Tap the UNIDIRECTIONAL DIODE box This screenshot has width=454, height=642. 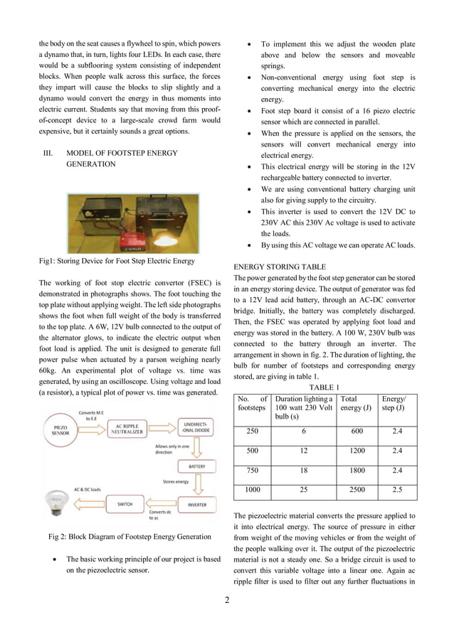194,436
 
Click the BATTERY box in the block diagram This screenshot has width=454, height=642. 196,467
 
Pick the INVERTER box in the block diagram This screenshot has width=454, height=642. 197,504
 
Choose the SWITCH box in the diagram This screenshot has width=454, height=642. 125,504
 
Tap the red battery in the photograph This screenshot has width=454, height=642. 134,237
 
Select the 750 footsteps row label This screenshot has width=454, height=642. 252,471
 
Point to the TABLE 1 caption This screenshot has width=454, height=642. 325,387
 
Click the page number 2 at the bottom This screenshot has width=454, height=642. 226,601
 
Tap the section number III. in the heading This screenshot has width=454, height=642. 48,153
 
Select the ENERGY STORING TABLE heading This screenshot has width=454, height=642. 275,267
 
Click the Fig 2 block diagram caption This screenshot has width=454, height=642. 129,536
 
